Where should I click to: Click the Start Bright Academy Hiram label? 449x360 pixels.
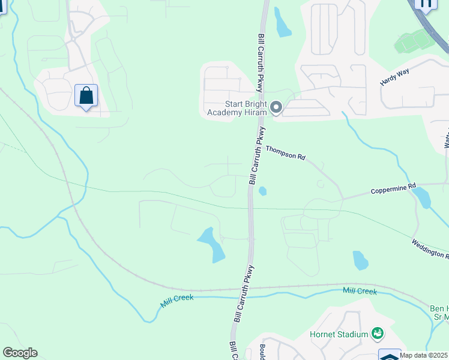pos(237,107)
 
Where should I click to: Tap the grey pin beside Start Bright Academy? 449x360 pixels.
pos(276,107)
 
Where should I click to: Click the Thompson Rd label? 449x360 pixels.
pos(286,153)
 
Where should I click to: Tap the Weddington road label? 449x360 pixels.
pos(430,249)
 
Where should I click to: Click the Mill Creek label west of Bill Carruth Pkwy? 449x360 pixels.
pos(177,301)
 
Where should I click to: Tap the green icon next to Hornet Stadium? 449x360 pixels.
pos(378,332)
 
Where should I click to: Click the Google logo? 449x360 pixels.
pos(20,353)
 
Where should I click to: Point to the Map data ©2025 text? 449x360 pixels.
pos(424,355)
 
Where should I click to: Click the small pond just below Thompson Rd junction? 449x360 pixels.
pos(262,191)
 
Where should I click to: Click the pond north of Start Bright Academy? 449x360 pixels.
pos(282,23)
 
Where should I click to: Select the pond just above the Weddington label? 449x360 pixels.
pos(360,260)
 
